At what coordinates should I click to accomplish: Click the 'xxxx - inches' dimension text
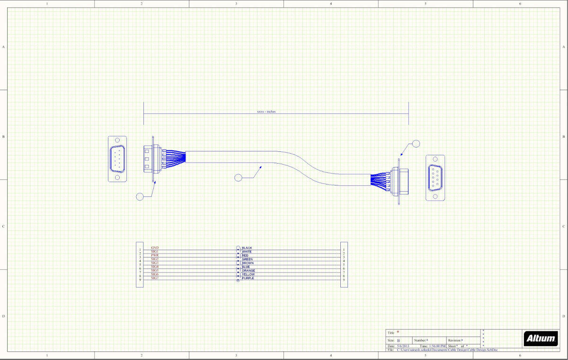coord(266,112)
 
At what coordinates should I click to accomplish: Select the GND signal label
coord(155,247)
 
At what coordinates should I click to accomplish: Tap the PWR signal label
coord(155,255)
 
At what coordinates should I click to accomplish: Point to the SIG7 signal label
coord(155,278)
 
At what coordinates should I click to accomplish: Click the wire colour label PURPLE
coord(248,278)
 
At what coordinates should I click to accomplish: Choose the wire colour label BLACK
coord(247,248)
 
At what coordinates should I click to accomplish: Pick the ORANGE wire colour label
coord(248,271)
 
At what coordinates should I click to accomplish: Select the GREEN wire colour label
coord(248,259)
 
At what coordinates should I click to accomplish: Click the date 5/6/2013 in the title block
coord(403,346)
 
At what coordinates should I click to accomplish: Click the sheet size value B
coord(398,340)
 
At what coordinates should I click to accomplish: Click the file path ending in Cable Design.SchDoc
coord(447,350)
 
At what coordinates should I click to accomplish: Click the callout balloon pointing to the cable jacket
coord(238,177)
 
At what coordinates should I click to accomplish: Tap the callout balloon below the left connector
coord(140,196)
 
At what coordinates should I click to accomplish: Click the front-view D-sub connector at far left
coord(117,159)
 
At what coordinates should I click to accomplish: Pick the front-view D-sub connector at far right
coord(435,177)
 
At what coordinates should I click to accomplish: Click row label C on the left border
coord(4,226)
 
